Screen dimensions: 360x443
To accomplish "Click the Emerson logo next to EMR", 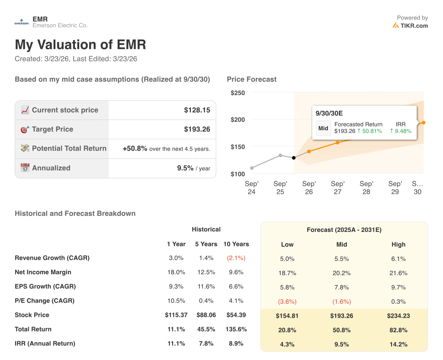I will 21,22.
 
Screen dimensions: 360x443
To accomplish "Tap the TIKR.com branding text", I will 414,26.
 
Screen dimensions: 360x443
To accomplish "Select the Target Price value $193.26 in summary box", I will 197,129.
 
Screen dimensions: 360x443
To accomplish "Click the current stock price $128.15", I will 197,110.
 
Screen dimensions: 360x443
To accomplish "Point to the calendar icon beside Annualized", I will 25,168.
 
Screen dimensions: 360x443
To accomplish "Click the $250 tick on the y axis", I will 238,93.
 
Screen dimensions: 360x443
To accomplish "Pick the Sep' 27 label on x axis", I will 337,187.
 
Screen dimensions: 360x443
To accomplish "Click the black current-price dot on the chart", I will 294,158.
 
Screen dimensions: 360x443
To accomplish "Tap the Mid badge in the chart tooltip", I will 323,128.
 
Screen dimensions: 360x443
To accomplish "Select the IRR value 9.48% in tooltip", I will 401,131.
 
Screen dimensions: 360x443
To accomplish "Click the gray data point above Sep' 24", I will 252,168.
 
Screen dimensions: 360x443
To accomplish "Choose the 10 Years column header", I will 236,244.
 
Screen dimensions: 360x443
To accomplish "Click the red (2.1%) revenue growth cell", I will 236,258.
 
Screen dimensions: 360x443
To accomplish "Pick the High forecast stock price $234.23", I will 398,316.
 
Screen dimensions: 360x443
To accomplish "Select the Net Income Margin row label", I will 43,272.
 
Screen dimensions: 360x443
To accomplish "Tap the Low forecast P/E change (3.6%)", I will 287,302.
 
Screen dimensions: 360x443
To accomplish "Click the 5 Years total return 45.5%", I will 206,329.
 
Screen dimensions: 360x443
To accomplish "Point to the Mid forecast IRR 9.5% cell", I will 342,344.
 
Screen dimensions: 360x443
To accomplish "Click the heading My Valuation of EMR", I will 80,45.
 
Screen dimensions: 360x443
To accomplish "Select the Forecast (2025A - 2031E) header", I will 344,230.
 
